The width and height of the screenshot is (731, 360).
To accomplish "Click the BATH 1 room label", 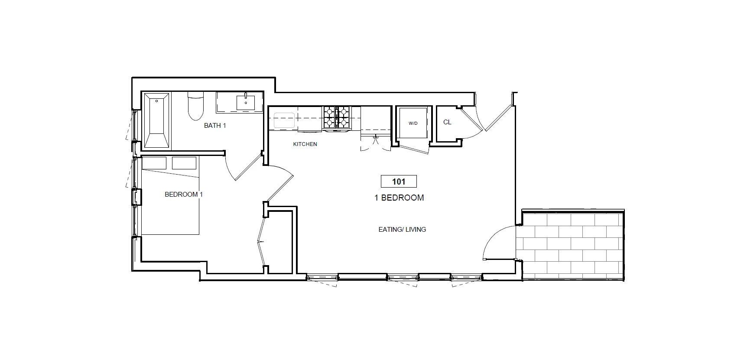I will pos(215,126).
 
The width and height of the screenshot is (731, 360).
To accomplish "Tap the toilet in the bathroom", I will pos(195,107).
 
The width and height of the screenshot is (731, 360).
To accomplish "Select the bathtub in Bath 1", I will pos(157,120).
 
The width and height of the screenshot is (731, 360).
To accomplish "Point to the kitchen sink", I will pos(284,120).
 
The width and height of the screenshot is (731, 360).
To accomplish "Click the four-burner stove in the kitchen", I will pos(336,117).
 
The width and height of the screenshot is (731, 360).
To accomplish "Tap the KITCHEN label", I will pos(305,144).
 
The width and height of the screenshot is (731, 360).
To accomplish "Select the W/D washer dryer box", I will pos(413,123).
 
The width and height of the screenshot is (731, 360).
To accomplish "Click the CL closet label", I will pos(447,123).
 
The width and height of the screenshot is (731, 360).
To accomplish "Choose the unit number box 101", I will pos(398,182).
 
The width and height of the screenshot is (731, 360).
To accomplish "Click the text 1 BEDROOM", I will pos(399,198).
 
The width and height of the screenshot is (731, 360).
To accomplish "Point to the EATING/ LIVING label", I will pos(402,230).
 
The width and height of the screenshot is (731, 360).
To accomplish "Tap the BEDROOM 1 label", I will pos(184,195).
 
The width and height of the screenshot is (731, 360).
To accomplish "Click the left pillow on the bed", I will pos(154,163).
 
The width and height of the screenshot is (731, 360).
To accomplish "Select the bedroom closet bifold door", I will pos(261,241).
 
